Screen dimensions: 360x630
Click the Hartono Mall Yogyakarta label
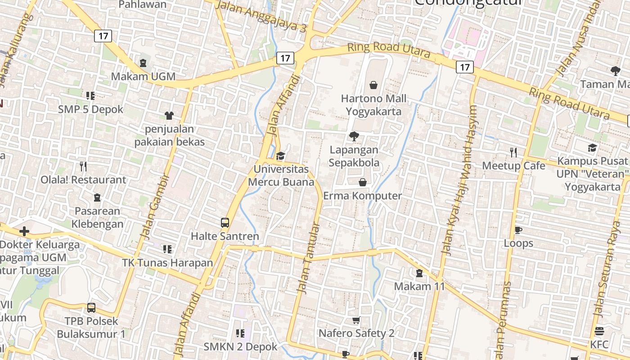click(373, 105)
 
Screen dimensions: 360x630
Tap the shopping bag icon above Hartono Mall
click(373, 85)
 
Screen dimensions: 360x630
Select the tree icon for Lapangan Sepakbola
click(354, 136)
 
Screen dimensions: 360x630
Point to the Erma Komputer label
click(362, 196)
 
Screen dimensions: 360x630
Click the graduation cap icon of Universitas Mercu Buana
click(281, 156)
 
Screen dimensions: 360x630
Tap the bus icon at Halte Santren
click(225, 222)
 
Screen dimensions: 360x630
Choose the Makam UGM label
click(143, 76)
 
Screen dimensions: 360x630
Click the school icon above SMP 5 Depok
click(90, 95)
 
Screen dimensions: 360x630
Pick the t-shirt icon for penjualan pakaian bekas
click(169, 116)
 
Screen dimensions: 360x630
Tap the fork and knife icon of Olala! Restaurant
click(83, 166)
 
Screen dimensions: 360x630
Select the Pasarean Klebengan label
click(97, 217)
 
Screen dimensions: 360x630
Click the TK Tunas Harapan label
click(167, 263)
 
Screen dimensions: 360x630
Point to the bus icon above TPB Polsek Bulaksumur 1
click(91, 308)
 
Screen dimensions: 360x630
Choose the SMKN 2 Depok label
click(240, 347)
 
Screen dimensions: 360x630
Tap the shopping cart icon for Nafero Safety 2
click(356, 320)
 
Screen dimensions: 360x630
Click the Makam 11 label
click(419, 286)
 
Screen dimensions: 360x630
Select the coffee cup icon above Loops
click(518, 230)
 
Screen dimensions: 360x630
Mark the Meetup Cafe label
click(513, 166)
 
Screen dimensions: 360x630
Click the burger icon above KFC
click(599, 332)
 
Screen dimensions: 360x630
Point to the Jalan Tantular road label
click(310, 258)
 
